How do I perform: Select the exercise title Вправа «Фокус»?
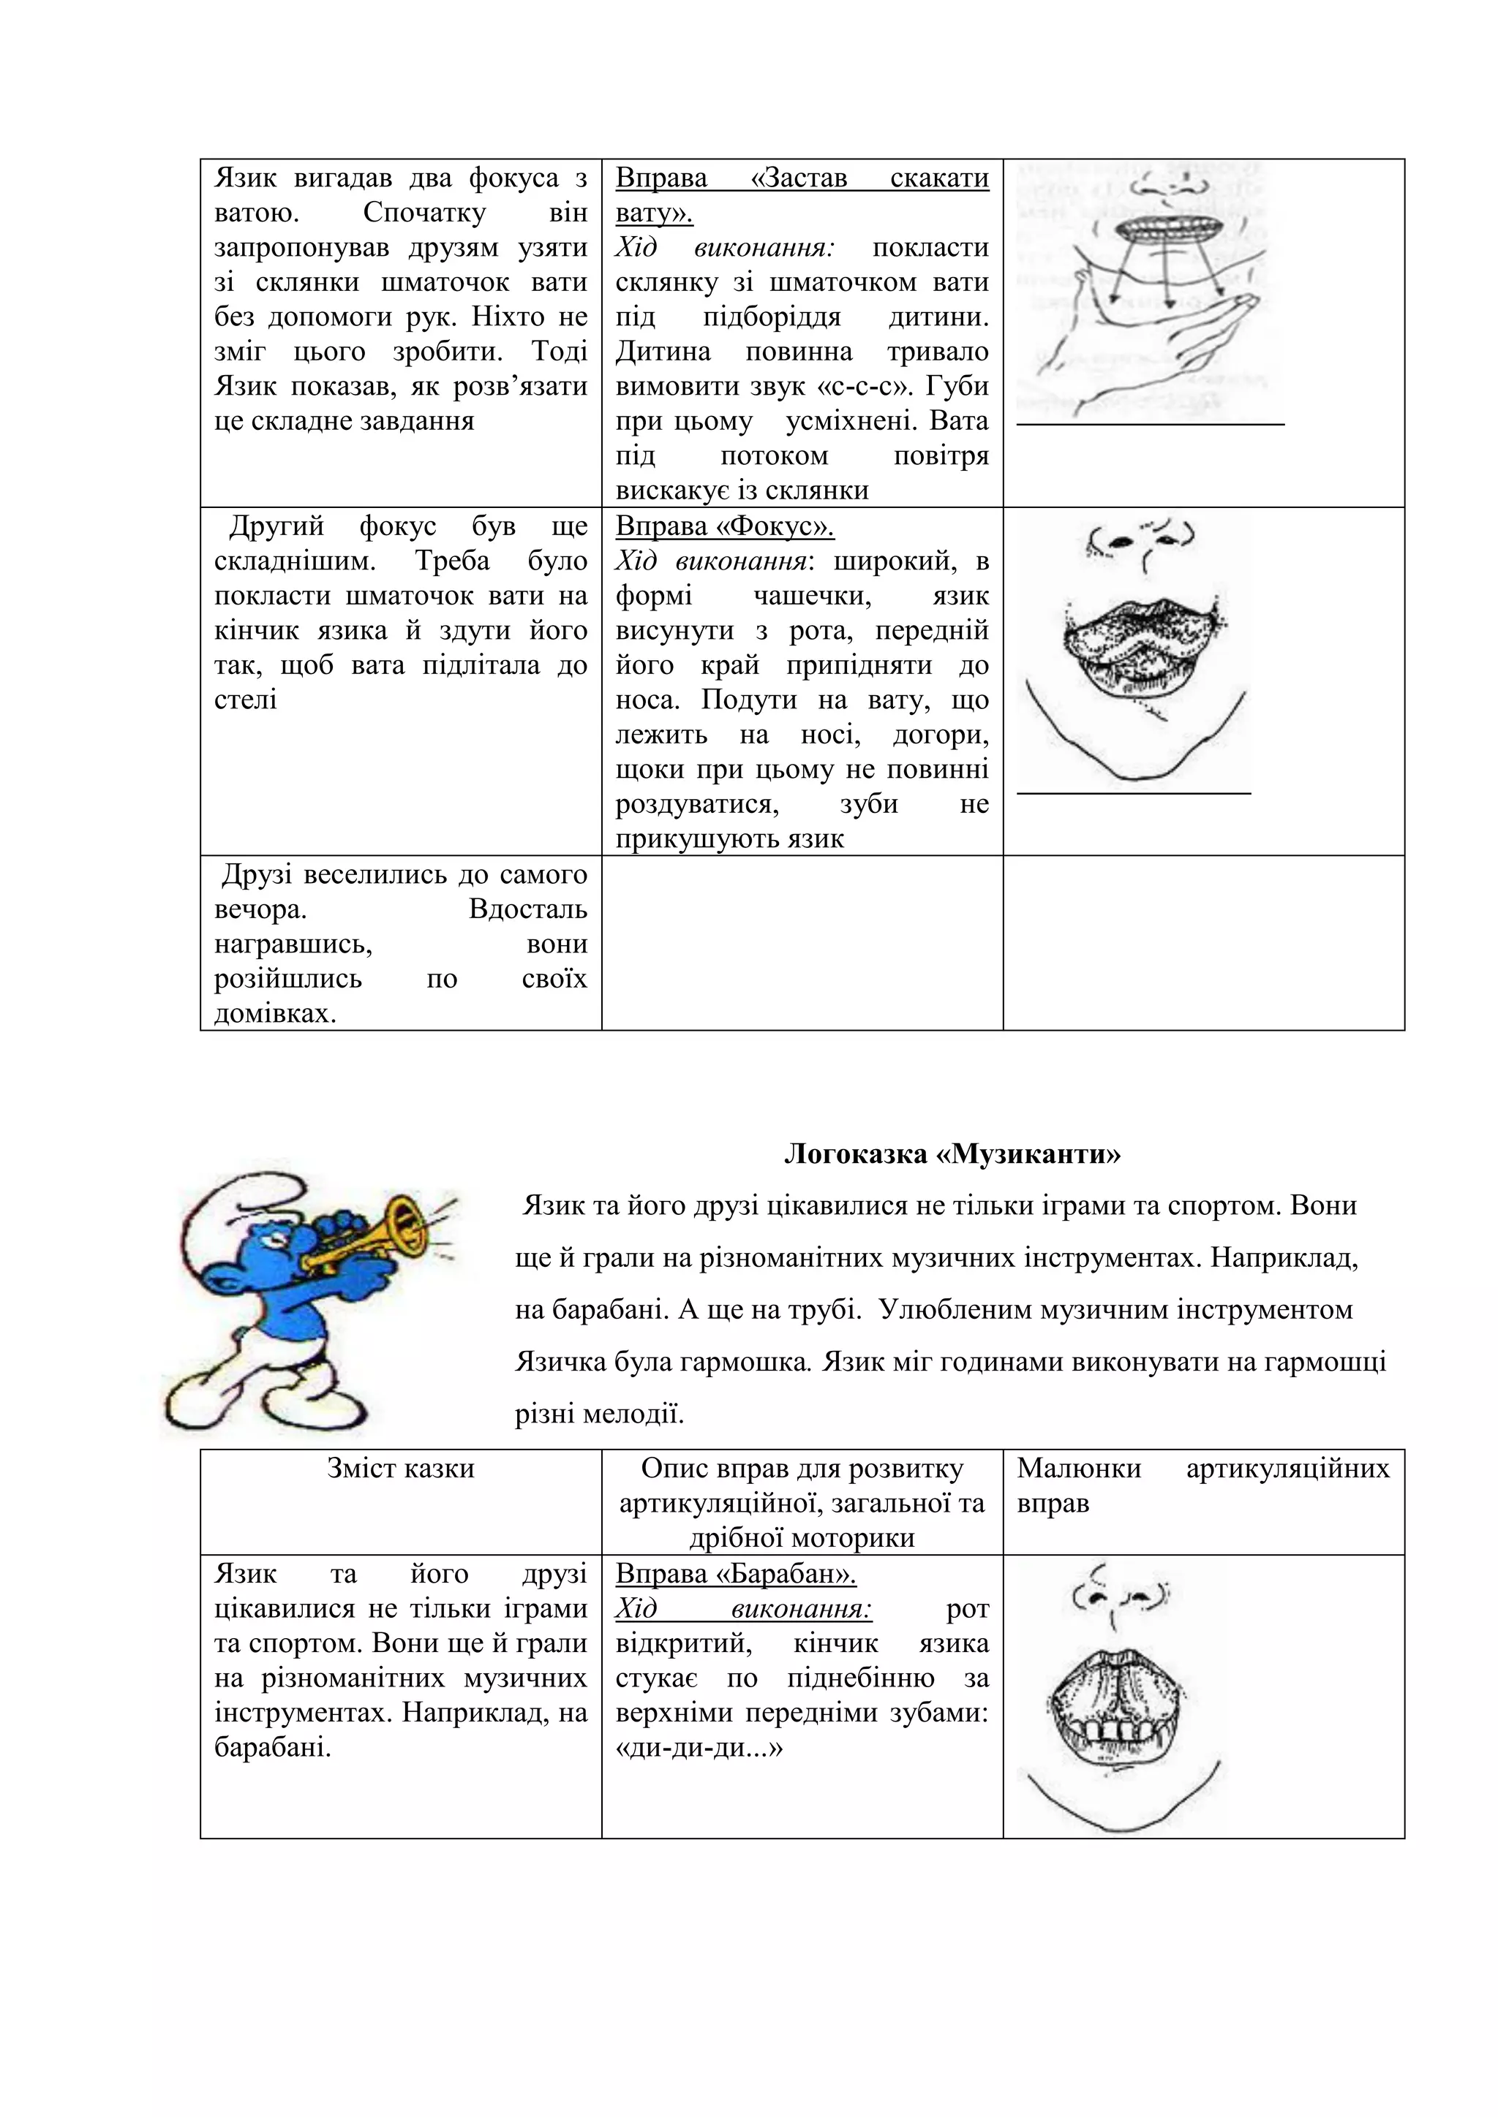click(x=724, y=526)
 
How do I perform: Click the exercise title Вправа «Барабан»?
click(x=735, y=1573)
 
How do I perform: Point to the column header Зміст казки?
click(x=400, y=1469)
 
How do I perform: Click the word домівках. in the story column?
click(x=275, y=1013)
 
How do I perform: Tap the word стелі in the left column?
click(x=245, y=699)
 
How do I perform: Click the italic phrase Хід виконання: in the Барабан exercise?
click(x=743, y=1608)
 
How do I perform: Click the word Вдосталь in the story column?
click(x=527, y=909)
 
